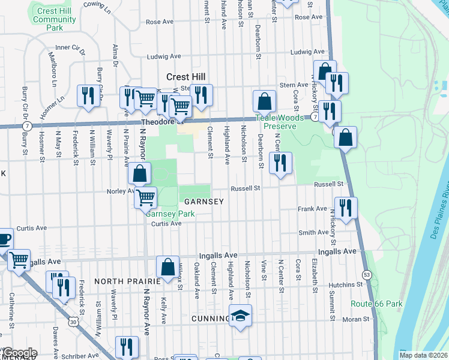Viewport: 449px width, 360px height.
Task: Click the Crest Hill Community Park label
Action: pos(55,19)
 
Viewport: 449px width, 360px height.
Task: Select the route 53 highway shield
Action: pos(366,275)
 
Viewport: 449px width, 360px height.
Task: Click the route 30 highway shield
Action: pos(72,322)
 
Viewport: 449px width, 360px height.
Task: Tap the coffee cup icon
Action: pos(3,238)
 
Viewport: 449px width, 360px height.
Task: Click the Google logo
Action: pos(19,353)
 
